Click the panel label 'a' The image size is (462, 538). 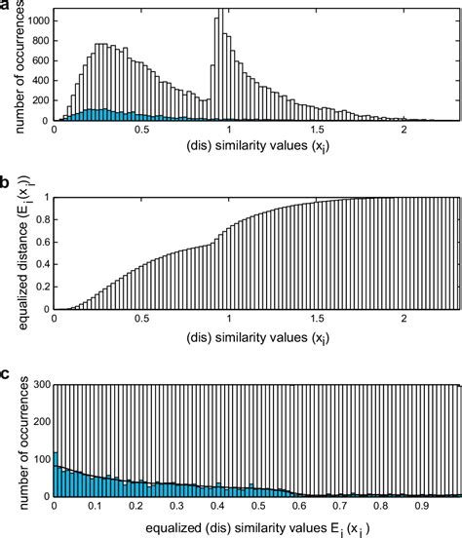pos(7,7)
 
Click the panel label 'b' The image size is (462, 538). pos(7,181)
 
